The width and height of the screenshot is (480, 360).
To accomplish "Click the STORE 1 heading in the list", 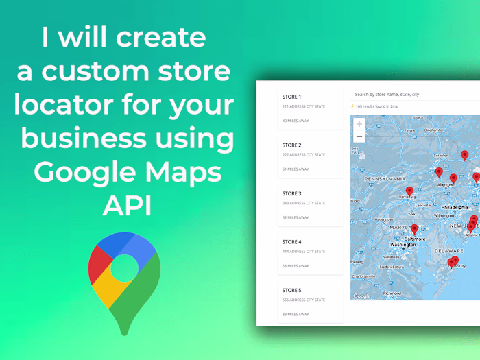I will [291, 97].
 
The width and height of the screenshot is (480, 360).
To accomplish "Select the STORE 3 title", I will [291, 193].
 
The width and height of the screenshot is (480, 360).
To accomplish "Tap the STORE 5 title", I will [291, 290].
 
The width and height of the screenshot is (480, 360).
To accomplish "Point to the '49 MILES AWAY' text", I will [296, 121].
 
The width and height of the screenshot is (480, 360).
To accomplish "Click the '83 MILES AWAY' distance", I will [296, 314].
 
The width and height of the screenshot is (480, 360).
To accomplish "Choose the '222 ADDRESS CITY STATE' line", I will [304, 155].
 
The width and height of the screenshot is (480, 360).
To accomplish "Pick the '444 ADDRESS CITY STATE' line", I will [304, 252].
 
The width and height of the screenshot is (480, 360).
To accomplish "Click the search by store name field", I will [411, 94].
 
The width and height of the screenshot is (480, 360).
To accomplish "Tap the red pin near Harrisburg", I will [409, 191].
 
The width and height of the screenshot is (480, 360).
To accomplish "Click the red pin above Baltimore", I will [414, 229].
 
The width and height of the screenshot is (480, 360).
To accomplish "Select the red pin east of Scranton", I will [464, 155].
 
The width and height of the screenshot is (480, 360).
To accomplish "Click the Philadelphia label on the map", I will [455, 206].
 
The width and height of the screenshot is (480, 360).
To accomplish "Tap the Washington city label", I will [403, 245].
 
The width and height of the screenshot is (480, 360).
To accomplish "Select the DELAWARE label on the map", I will [451, 250].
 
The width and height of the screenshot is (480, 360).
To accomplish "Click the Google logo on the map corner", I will [361, 296].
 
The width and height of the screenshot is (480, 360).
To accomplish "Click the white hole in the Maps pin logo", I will [124, 268].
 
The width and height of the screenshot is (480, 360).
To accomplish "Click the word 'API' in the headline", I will [127, 204].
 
